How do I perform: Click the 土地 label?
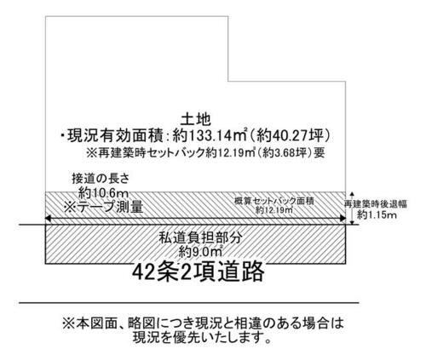[196, 120]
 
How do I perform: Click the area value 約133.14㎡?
[209, 136]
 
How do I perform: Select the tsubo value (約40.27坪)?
[290, 136]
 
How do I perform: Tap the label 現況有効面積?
[115, 136]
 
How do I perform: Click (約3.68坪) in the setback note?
[285, 153]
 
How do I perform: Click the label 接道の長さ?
[101, 179]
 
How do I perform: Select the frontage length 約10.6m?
[103, 194]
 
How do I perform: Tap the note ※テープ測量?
[103, 207]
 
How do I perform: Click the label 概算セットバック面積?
[274, 201]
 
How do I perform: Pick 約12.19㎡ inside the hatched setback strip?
[274, 210]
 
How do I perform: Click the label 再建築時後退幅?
[376, 203]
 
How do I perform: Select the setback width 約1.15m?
[377, 214]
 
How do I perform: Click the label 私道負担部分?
[200, 237]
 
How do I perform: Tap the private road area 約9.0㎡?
[200, 252]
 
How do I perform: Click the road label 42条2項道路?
[199, 271]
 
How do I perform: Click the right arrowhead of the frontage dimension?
[343, 219]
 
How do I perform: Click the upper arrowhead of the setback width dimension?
[352, 194]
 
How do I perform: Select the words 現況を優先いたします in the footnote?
[197, 337]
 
